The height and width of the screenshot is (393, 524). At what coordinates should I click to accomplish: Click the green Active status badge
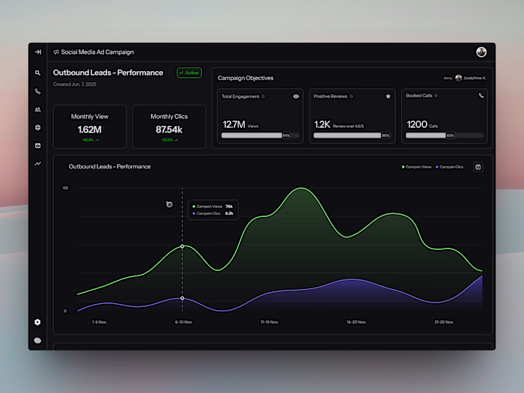(x=189, y=73)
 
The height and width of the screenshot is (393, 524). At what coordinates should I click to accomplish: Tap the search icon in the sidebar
(x=37, y=73)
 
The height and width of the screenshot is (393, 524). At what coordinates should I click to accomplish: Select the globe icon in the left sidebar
(x=37, y=127)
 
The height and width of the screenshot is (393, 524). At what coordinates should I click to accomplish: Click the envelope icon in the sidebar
(x=37, y=145)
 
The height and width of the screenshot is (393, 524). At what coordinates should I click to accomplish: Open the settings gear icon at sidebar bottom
(x=37, y=322)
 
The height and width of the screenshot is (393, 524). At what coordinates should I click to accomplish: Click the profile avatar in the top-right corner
(x=481, y=52)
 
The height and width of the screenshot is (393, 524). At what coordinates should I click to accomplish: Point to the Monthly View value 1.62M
(x=90, y=130)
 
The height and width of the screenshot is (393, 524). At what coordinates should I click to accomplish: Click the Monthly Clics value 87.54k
(x=169, y=130)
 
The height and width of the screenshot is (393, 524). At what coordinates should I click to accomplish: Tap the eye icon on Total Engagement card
(x=296, y=96)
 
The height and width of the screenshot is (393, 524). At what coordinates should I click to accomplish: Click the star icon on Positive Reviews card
(x=388, y=96)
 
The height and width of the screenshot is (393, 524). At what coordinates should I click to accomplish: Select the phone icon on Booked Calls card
(x=481, y=96)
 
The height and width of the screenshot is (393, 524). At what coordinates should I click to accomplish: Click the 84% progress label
(x=286, y=135)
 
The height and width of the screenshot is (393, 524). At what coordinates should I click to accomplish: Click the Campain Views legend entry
(x=417, y=166)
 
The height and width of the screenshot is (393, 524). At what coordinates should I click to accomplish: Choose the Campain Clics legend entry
(x=450, y=166)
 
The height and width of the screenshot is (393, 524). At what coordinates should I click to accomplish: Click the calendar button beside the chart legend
(x=478, y=166)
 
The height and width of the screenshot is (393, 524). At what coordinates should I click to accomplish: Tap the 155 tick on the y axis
(x=65, y=188)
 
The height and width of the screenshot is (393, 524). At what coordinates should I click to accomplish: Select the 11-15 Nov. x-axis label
(x=269, y=322)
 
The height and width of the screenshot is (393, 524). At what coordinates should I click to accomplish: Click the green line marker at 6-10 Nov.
(x=182, y=246)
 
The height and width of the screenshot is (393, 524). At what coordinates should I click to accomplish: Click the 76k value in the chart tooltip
(x=229, y=206)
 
